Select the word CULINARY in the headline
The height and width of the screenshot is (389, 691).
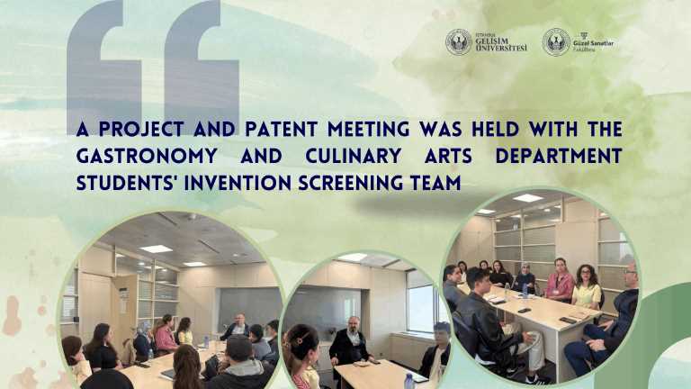point(332,156)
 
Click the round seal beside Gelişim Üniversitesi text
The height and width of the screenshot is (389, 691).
point(459,41)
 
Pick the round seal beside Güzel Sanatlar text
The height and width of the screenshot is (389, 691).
point(556,41)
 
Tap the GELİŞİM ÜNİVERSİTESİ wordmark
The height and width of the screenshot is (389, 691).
point(502,42)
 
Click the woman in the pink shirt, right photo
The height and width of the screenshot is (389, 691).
point(560,284)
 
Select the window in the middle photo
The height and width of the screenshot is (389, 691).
point(420,301)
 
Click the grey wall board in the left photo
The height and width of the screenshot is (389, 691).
point(248,306)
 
